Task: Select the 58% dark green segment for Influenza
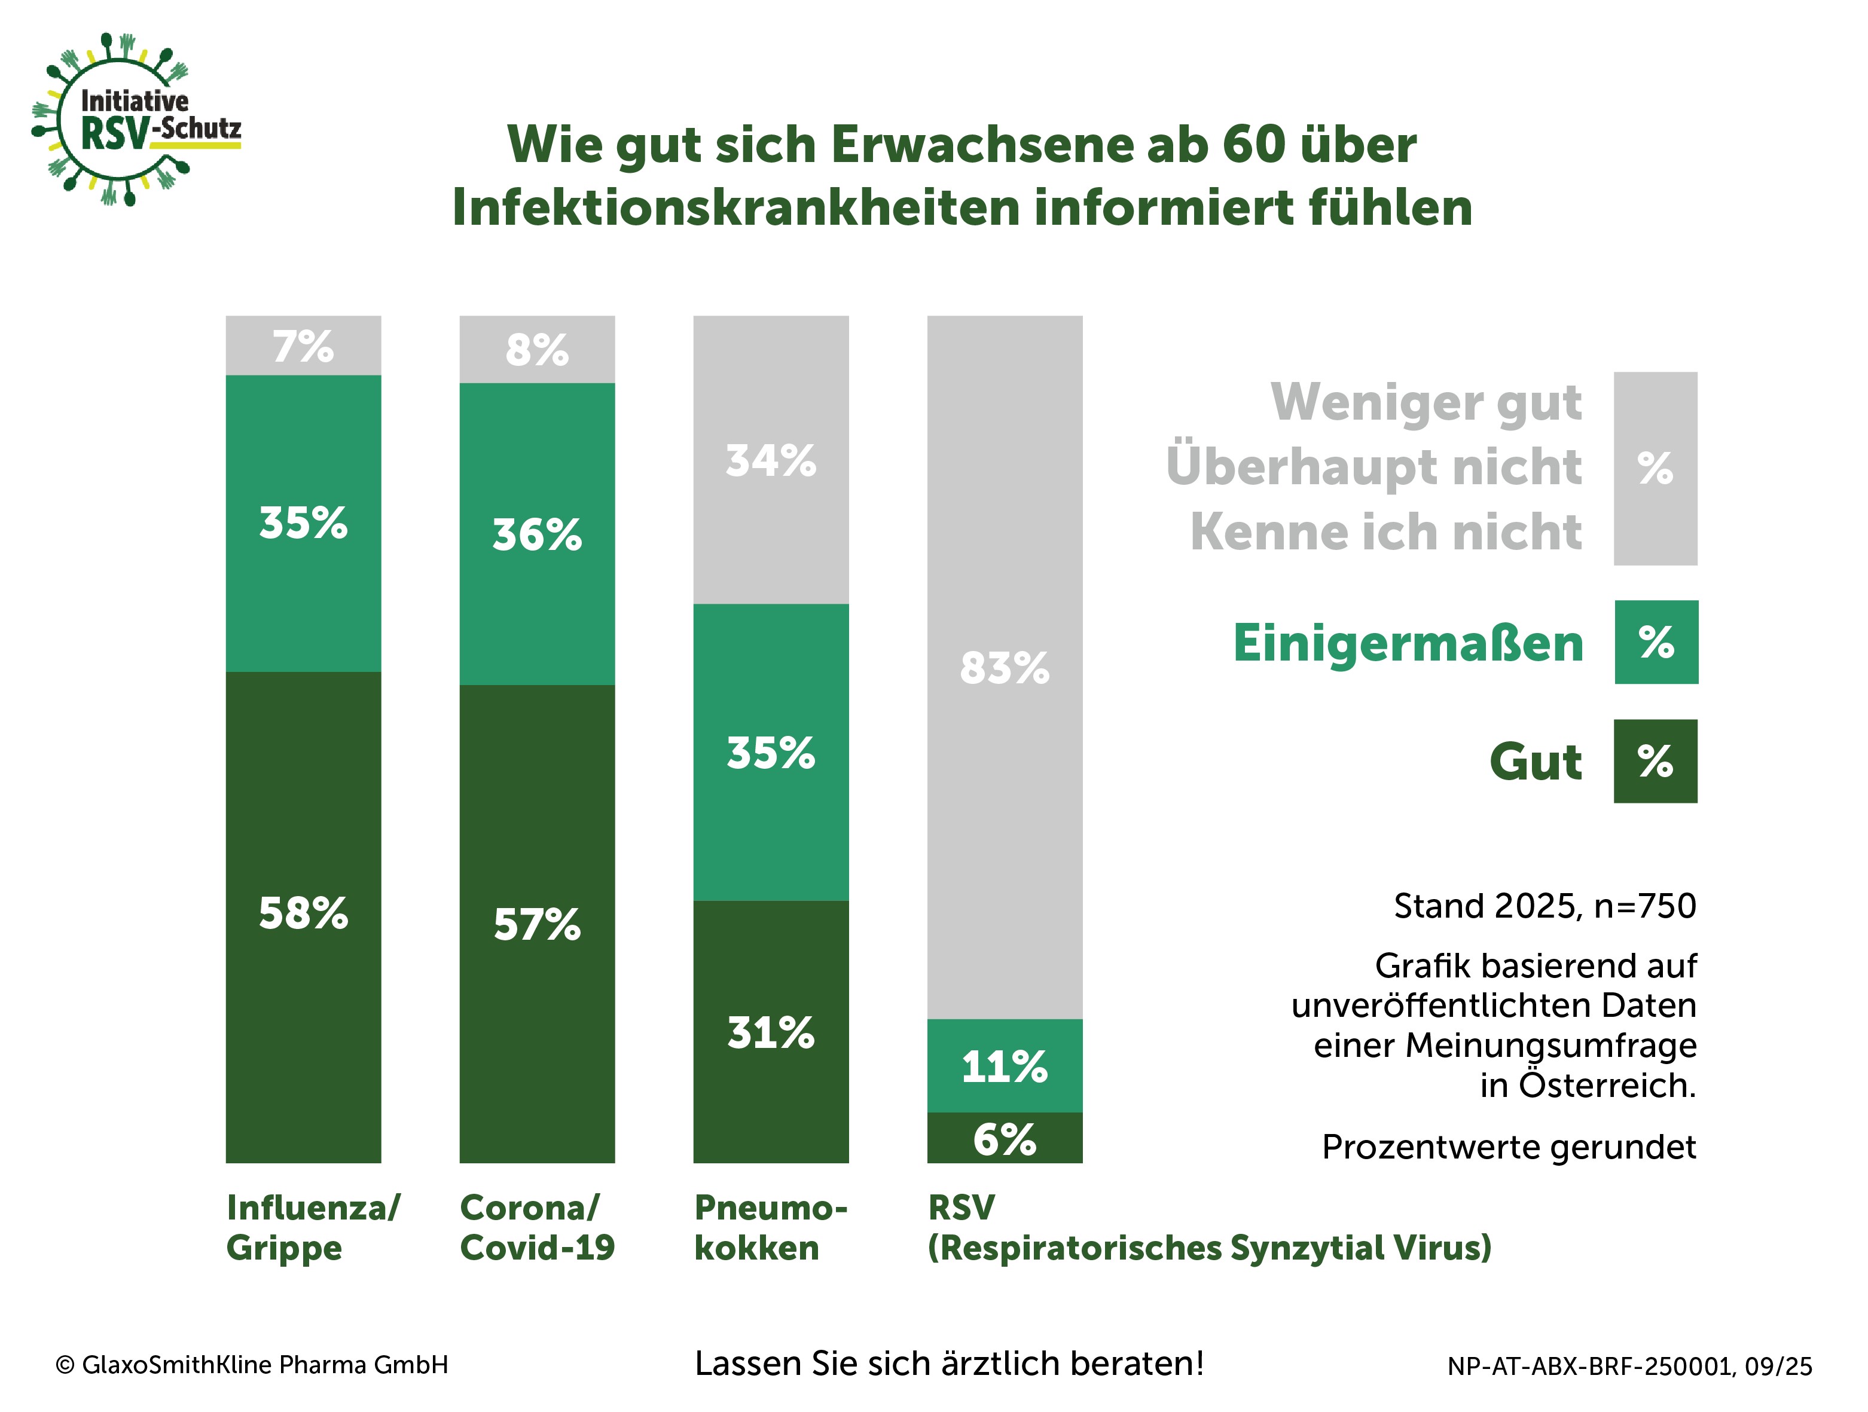pyautogui.click(x=303, y=916)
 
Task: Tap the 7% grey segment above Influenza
pyautogui.click(x=303, y=346)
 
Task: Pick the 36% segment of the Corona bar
pyautogui.click(x=537, y=534)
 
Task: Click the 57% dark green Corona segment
pyautogui.click(x=537, y=923)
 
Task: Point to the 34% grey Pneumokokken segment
pyautogui.click(x=771, y=460)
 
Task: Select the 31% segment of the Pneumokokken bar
pyautogui.click(x=771, y=1031)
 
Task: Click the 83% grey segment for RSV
pyautogui.click(x=1005, y=667)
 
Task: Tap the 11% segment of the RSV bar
pyautogui.click(x=1005, y=1066)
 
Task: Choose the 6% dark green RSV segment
pyautogui.click(x=1005, y=1138)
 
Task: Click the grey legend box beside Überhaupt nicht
pyautogui.click(x=1655, y=469)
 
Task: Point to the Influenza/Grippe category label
pyautogui.click(x=313, y=1228)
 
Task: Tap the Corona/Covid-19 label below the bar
pyautogui.click(x=537, y=1228)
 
